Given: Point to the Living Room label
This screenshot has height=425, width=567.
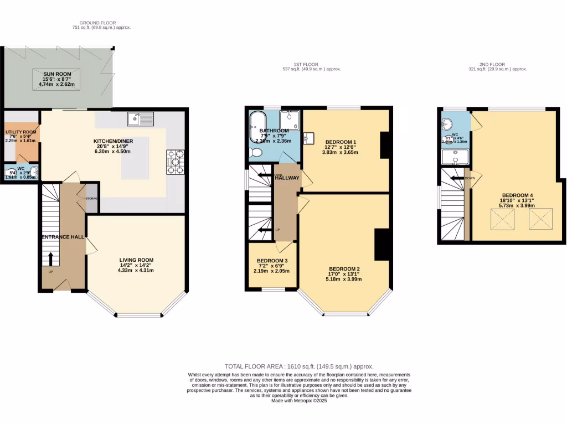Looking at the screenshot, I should click(136, 260).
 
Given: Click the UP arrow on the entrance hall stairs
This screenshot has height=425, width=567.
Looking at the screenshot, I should click(51, 260).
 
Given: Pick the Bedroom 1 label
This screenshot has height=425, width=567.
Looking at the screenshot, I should click(341, 142).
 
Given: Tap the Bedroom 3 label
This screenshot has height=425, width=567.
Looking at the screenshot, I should click(272, 261).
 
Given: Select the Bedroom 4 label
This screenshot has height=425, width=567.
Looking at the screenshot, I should click(518, 195).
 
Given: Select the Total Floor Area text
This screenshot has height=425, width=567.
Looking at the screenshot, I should click(298, 366).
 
